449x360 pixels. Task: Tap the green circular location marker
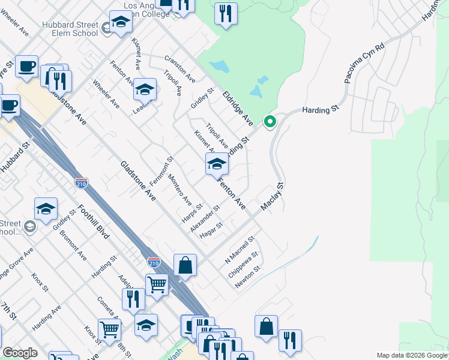pos(270,122)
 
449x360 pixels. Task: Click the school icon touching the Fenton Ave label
pos(217,164)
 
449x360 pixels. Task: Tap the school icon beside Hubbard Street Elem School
pos(121,23)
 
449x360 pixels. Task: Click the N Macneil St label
pos(240,249)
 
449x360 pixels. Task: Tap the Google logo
pos(20,353)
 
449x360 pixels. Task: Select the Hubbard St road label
pos(14,158)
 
